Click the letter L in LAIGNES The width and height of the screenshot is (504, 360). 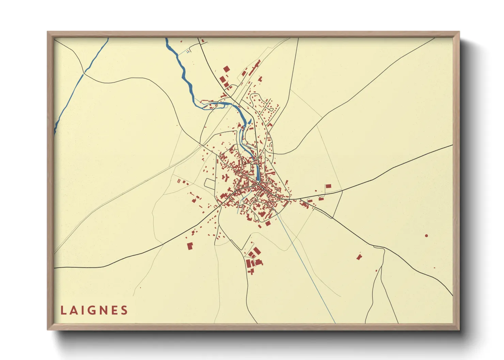click(x=63, y=310)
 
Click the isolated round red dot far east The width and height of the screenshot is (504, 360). click(x=426, y=235)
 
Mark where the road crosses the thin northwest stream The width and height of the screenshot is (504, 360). click(x=83, y=73)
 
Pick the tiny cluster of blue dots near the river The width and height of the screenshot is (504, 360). click(x=188, y=52)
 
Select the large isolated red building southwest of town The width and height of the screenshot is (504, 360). click(x=190, y=246)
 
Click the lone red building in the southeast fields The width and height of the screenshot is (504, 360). click(x=359, y=257)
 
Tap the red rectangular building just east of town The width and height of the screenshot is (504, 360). click(x=328, y=186)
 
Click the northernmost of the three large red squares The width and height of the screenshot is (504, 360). click(x=226, y=69)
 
